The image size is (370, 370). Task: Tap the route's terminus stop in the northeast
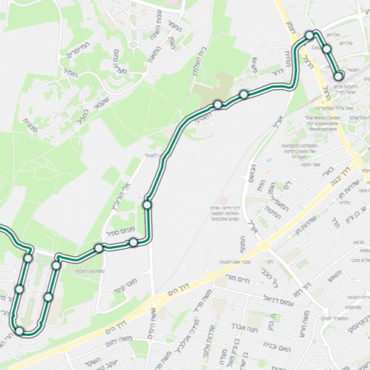(x=338, y=75)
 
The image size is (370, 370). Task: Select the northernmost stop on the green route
(x=310, y=35)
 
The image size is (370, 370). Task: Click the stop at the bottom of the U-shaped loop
(x=20, y=331)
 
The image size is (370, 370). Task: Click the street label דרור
(x=276, y=73)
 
